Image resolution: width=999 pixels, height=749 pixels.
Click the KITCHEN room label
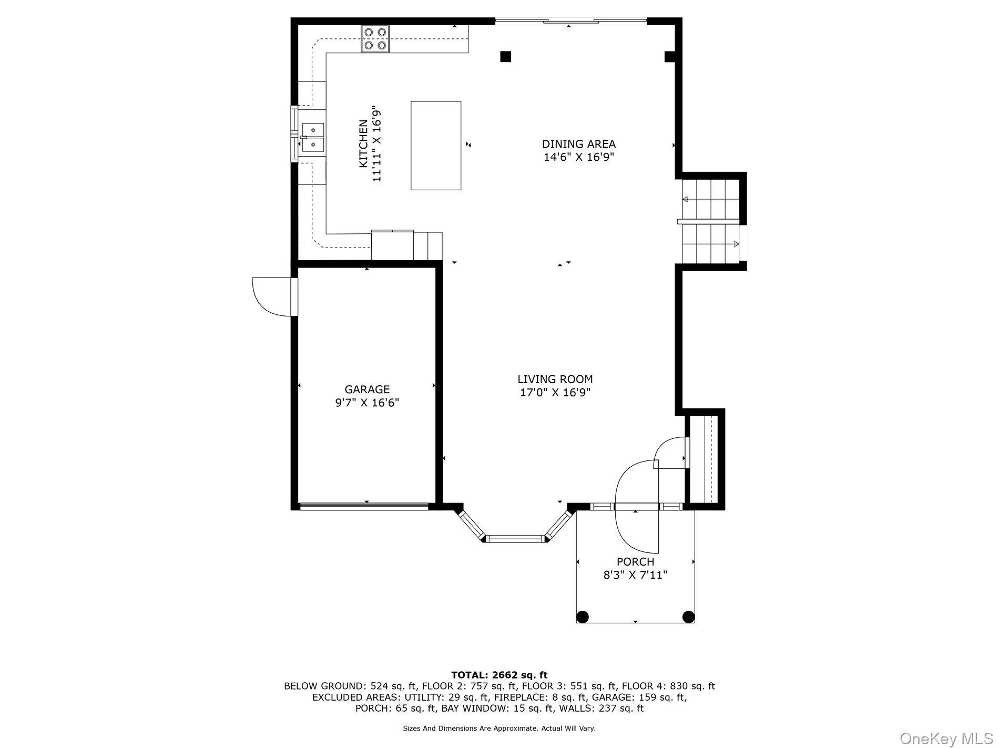click(x=363, y=144)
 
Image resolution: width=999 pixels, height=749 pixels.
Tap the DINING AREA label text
click(x=578, y=144)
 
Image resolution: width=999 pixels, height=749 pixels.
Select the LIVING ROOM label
click(x=555, y=379)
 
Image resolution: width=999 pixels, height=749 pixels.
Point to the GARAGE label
click(x=367, y=389)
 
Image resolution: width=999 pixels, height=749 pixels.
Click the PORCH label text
click(x=635, y=562)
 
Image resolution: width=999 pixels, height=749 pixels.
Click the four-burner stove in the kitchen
click(x=375, y=39)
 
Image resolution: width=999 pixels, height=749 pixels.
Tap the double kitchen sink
click(x=313, y=137)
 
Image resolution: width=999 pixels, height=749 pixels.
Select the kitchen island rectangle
click(x=436, y=145)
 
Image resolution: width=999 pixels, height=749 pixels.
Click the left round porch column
click(x=583, y=617)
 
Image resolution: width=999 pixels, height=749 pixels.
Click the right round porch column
click(x=688, y=617)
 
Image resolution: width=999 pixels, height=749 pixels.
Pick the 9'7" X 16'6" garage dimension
click(x=367, y=403)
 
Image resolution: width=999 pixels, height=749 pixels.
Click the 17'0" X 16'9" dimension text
click(x=555, y=393)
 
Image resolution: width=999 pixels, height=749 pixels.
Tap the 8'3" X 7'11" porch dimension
click(x=635, y=575)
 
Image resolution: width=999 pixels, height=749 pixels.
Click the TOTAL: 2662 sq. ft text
click(x=499, y=675)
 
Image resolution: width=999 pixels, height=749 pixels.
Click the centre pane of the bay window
click(x=515, y=538)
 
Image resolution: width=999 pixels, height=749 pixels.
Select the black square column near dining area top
click(x=505, y=56)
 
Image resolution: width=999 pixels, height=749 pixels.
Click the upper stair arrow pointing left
click(x=686, y=199)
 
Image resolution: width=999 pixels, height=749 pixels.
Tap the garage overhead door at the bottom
click(x=364, y=507)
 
